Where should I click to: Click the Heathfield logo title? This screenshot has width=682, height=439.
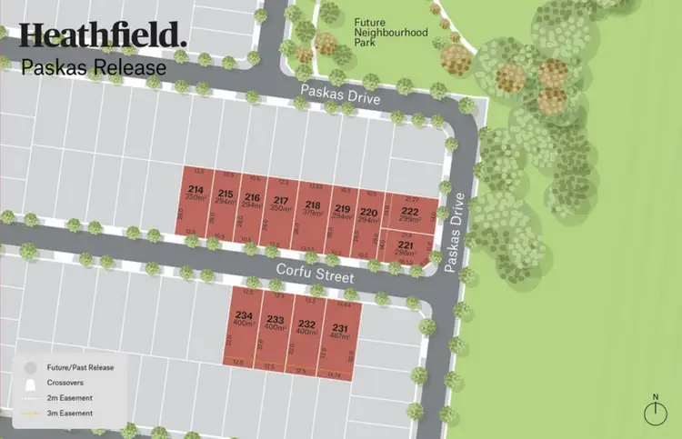103,35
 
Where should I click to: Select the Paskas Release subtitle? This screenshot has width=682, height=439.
94,67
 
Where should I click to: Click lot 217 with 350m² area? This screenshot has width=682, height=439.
282,205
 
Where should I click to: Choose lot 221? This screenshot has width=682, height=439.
406,249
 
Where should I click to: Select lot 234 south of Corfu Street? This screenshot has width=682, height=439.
244,319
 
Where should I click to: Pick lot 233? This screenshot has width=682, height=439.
276,323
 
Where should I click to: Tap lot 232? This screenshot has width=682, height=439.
307,327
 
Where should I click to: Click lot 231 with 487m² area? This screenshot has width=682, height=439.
340,332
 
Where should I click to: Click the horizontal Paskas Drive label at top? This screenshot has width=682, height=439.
340,93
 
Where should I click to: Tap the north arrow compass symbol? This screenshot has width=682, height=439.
655,412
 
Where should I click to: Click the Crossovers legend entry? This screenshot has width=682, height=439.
63,383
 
